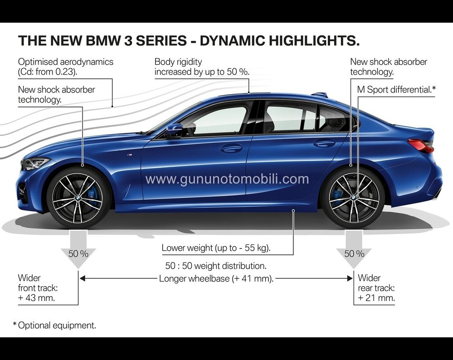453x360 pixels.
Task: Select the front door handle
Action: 231,148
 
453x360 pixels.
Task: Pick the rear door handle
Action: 324,142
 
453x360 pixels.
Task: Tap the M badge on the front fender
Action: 130,156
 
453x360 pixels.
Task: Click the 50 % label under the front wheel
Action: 78,253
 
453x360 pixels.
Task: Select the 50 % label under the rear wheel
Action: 354,253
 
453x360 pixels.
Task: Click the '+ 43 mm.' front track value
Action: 36,297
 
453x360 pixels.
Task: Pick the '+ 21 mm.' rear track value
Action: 376,297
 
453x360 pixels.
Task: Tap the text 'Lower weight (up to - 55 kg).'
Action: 216,248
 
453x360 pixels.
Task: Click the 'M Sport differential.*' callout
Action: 396,90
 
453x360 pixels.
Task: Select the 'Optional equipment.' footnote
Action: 57,326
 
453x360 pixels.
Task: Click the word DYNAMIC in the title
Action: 232,40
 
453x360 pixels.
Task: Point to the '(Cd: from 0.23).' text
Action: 48,72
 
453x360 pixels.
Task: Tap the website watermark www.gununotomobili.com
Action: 227,179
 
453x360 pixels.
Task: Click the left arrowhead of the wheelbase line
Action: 82,278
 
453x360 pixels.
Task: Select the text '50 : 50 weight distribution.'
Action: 216,266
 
